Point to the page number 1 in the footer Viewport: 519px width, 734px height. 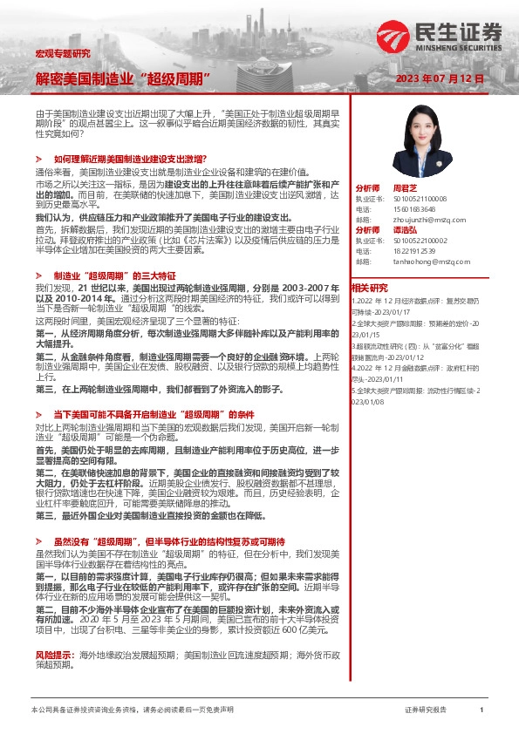point(481,710)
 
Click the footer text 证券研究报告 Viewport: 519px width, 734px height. point(426,710)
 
